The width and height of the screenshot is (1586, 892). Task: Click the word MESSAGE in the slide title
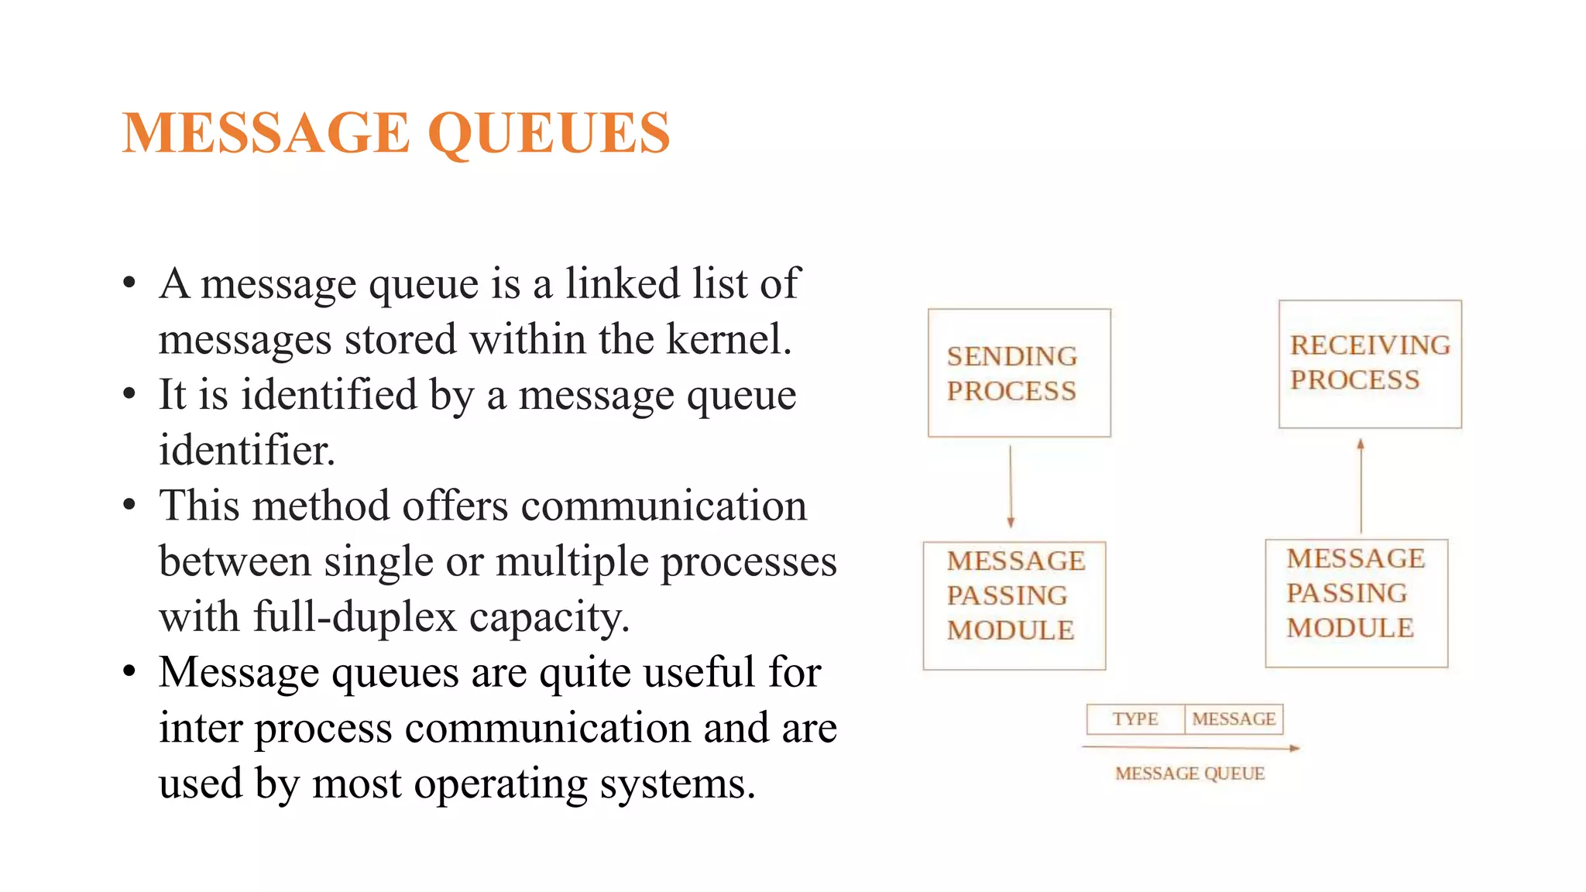(x=266, y=133)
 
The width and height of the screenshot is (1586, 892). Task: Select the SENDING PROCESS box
(x=1019, y=372)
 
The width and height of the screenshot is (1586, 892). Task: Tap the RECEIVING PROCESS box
(x=1370, y=363)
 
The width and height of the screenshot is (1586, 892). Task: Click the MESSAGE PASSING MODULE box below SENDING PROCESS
(x=1014, y=606)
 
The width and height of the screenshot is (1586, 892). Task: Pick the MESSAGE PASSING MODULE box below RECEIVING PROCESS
(x=1356, y=603)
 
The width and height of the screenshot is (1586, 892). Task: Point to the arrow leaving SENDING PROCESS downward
(x=1011, y=487)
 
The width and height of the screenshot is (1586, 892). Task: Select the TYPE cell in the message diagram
(x=1135, y=719)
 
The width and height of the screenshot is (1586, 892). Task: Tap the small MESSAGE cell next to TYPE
(x=1234, y=719)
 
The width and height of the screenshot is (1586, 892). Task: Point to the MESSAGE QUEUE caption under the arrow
(x=1190, y=774)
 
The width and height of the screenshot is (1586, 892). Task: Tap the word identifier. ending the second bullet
(x=247, y=450)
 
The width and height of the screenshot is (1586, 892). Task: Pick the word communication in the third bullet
(x=664, y=506)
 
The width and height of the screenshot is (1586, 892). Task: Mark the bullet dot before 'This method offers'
(x=129, y=506)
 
